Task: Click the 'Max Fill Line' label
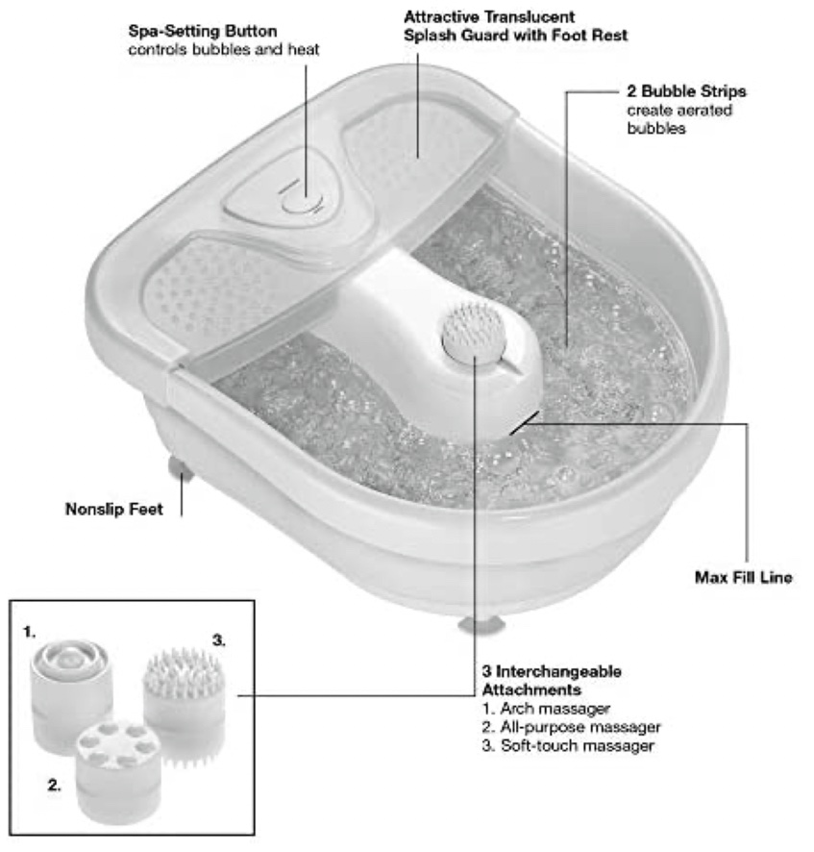coord(743,578)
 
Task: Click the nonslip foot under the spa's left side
coord(178,468)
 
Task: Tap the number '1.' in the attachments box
coord(30,632)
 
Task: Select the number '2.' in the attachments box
coord(55,785)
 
